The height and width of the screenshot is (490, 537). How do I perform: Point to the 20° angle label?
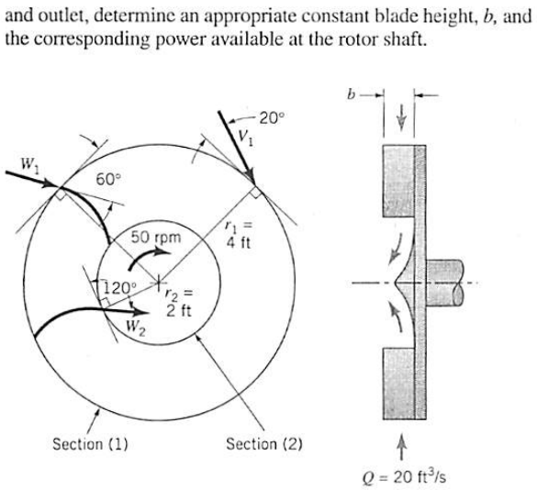(273, 117)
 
